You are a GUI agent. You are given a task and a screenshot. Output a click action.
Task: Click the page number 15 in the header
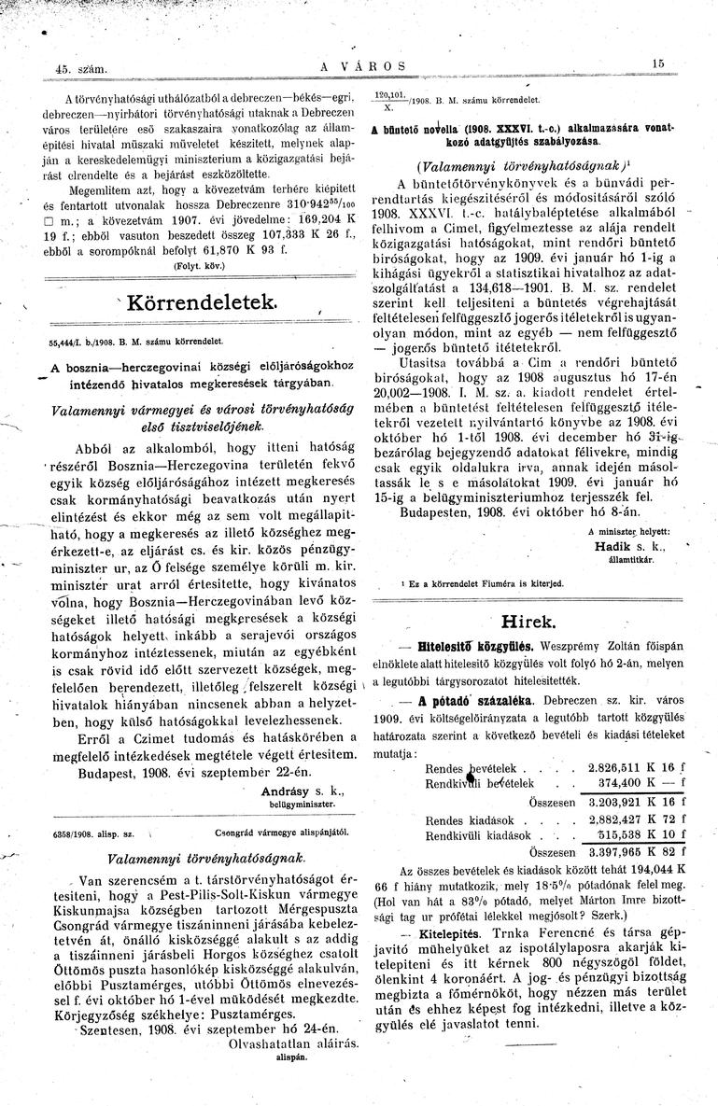coord(658,63)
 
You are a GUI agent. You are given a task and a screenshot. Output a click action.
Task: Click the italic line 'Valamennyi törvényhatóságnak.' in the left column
coord(182,857)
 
